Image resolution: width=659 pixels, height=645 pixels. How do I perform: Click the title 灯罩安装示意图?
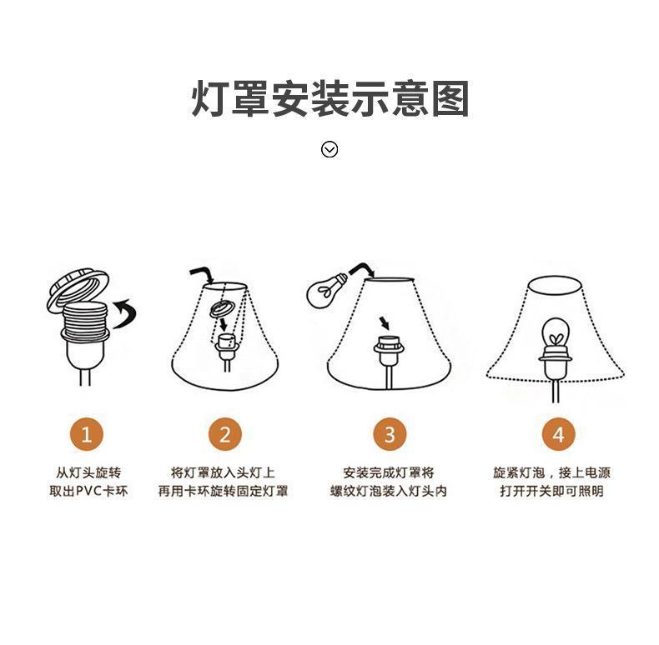329,99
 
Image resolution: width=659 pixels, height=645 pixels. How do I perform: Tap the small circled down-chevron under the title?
329,149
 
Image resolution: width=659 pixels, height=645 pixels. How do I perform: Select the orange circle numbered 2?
224,434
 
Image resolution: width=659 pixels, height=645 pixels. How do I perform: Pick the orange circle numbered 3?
389,434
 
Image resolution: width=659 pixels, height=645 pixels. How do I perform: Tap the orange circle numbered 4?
558,434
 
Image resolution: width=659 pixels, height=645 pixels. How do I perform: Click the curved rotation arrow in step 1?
125,314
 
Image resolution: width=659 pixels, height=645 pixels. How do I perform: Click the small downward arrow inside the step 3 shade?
384,322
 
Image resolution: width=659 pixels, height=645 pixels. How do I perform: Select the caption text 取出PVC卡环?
88,491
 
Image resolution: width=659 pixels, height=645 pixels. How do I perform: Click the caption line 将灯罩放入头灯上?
223,472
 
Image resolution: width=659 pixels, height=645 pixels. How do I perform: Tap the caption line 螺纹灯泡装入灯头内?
389,491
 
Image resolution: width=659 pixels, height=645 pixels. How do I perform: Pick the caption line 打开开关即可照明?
551,491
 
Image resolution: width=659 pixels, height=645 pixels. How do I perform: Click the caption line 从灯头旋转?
88,472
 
